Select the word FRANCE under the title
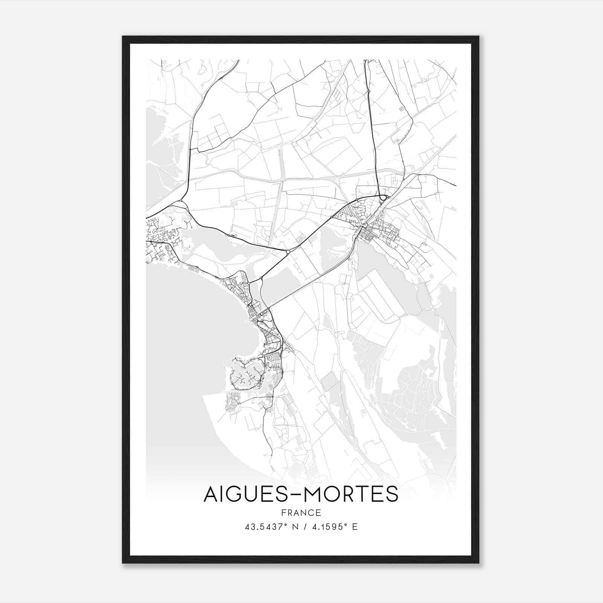coord(301,513)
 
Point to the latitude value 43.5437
coord(265,527)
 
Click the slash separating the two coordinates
coord(303,527)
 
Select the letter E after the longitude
coord(355,527)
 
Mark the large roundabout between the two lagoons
coord(288,251)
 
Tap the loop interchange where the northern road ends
coord(383,197)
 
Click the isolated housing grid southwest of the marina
coord(232,401)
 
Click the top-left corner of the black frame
coord(123,37)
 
